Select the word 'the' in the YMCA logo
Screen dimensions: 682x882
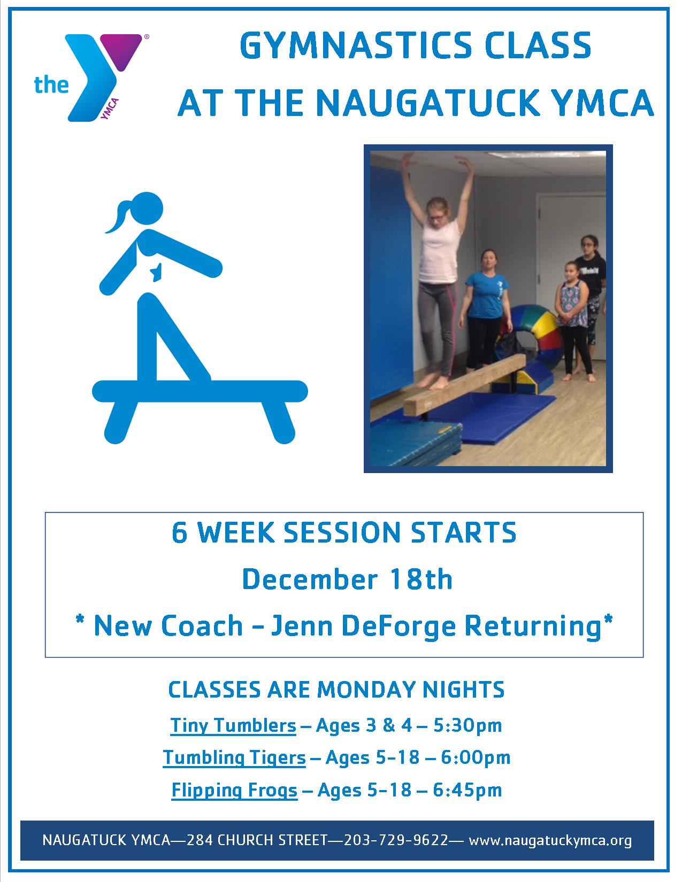(x=51, y=85)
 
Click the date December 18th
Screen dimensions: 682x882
(x=347, y=579)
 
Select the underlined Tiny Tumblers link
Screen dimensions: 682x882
(x=233, y=726)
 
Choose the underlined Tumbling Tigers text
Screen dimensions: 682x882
(x=234, y=758)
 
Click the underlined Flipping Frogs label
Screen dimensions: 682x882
(x=234, y=791)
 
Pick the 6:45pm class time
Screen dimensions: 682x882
(x=467, y=790)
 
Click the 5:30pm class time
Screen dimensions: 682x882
(x=467, y=726)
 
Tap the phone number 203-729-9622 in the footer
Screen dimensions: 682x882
(x=396, y=840)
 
